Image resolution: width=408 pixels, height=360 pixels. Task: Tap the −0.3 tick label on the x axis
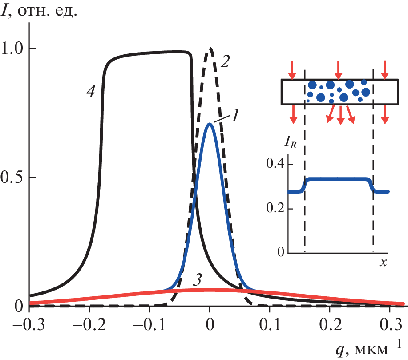coord(24,323)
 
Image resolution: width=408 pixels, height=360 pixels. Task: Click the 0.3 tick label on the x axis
coord(390,323)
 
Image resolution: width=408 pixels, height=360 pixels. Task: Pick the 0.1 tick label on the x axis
coord(270,323)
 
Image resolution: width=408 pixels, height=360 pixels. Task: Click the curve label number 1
coord(236,116)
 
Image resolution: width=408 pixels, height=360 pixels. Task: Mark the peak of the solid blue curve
coord(209,124)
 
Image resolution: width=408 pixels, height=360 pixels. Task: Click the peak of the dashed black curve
coord(210,48)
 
